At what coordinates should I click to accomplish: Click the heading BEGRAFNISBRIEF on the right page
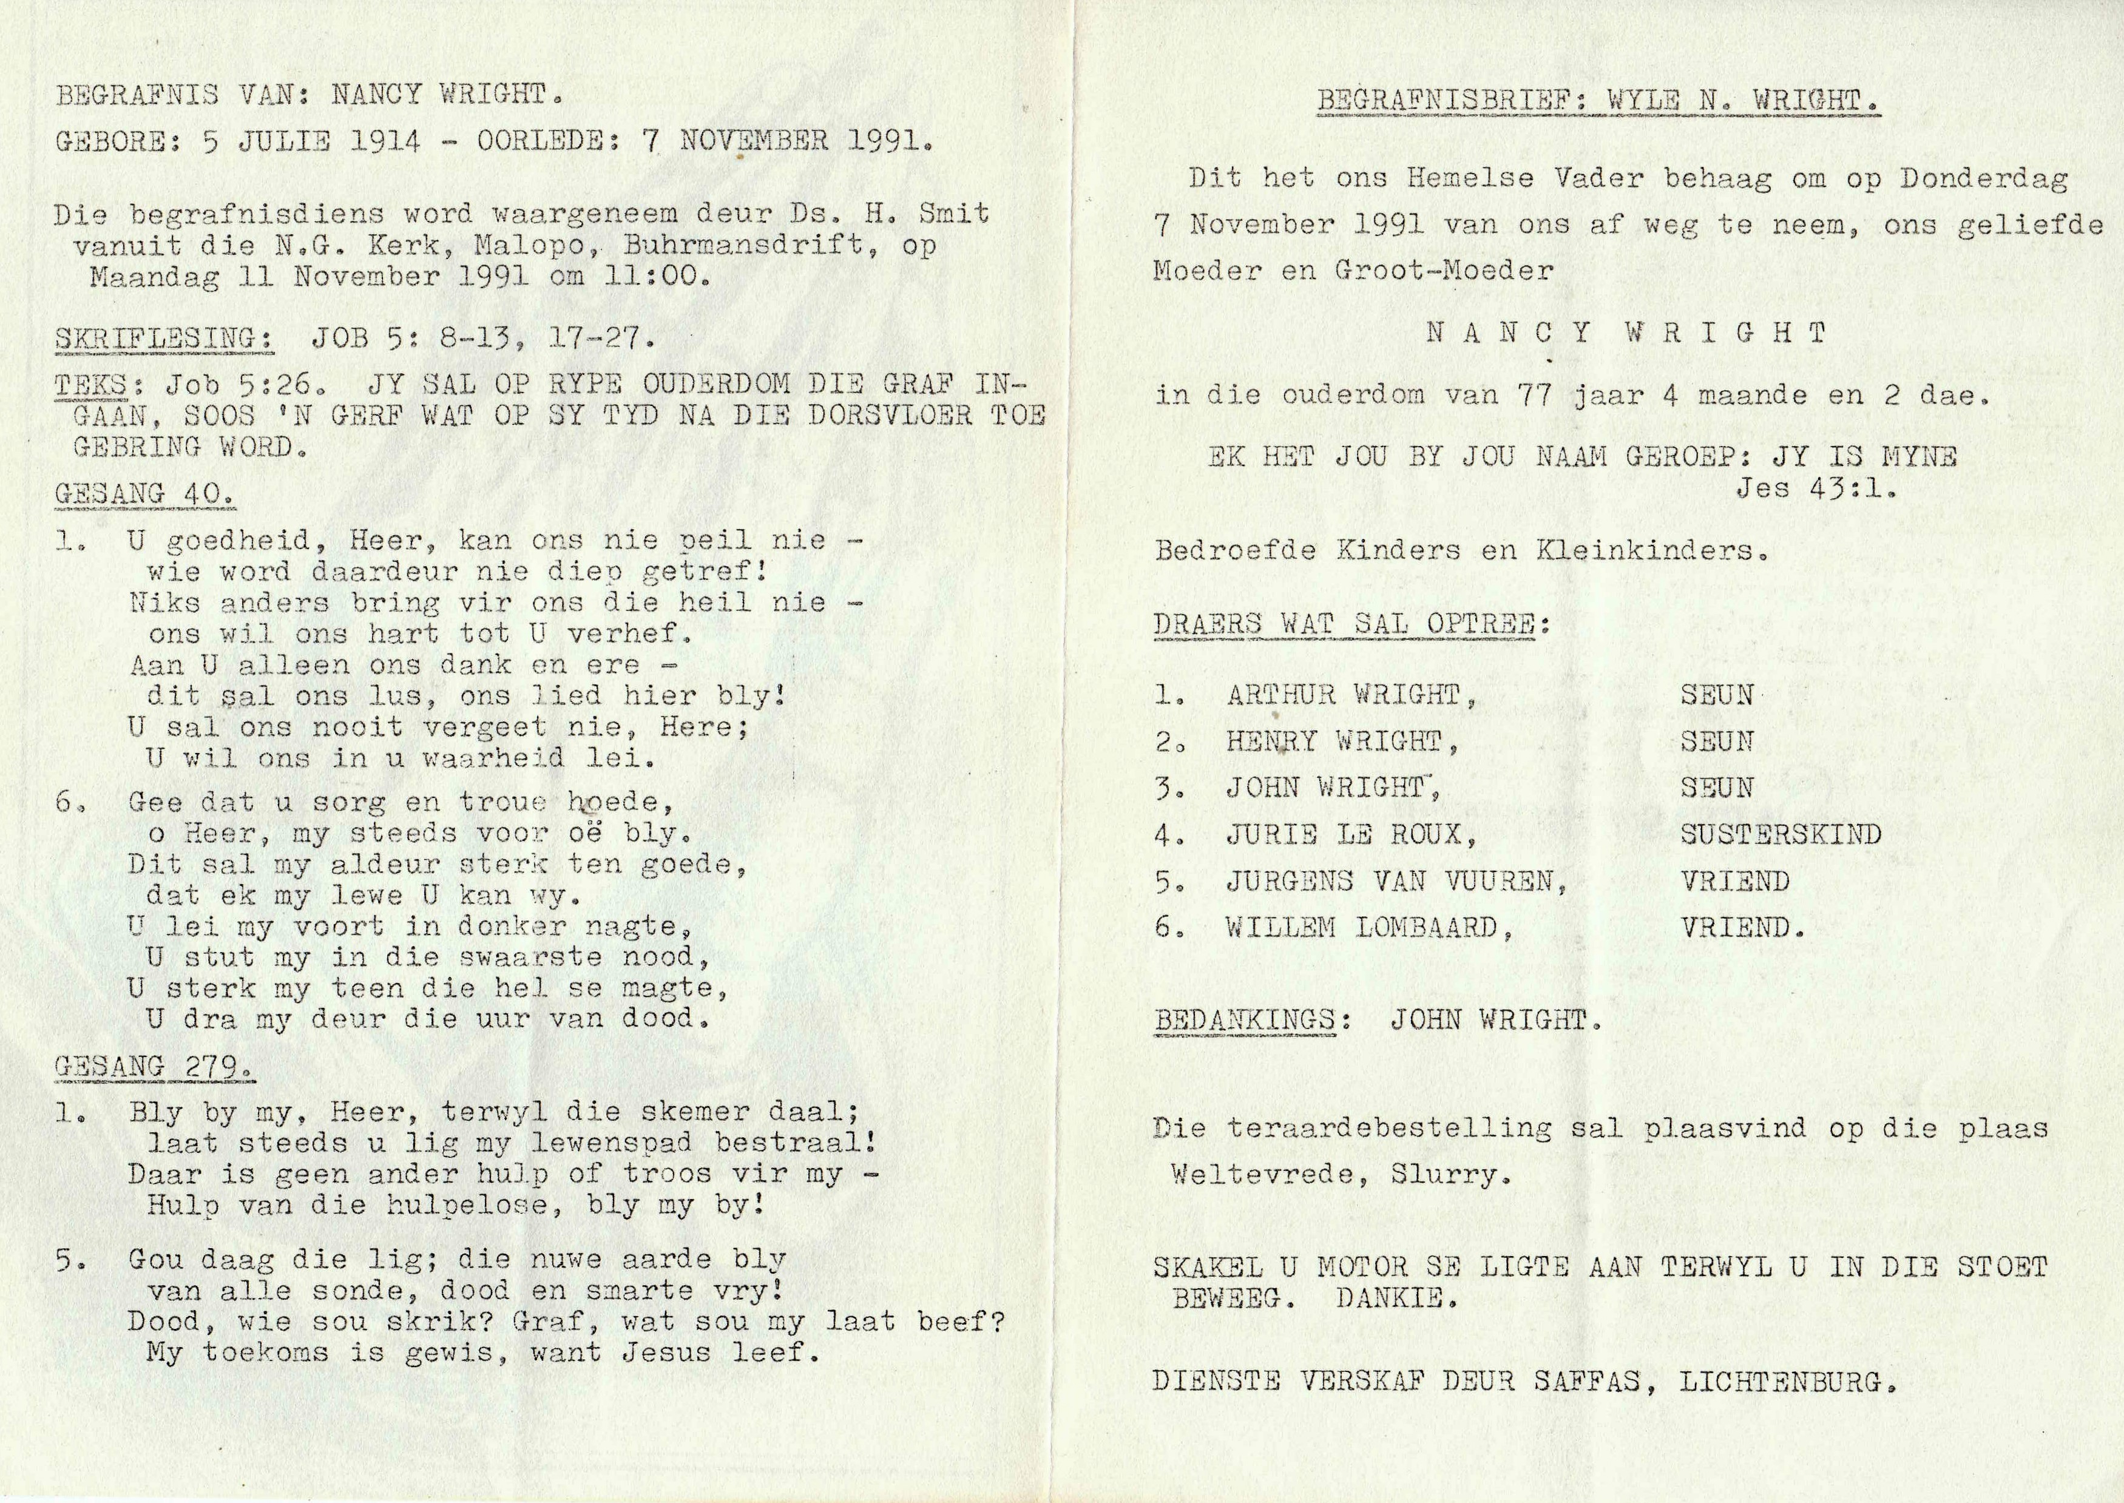(x=1443, y=101)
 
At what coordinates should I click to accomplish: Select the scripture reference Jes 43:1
(x=1815, y=488)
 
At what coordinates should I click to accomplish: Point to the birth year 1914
(x=385, y=141)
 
